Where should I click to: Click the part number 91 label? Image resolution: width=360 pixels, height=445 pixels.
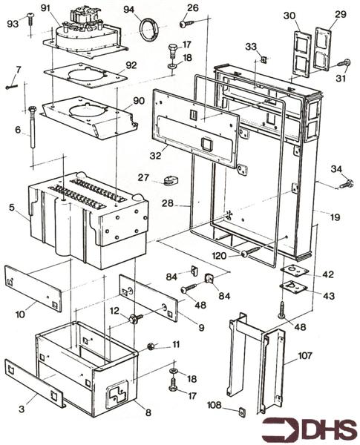[66, 9]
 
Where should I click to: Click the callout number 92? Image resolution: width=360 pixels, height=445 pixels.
[131, 65]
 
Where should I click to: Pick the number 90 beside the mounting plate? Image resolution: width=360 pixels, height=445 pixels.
[139, 101]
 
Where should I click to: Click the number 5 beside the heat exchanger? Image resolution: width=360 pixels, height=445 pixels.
[12, 208]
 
